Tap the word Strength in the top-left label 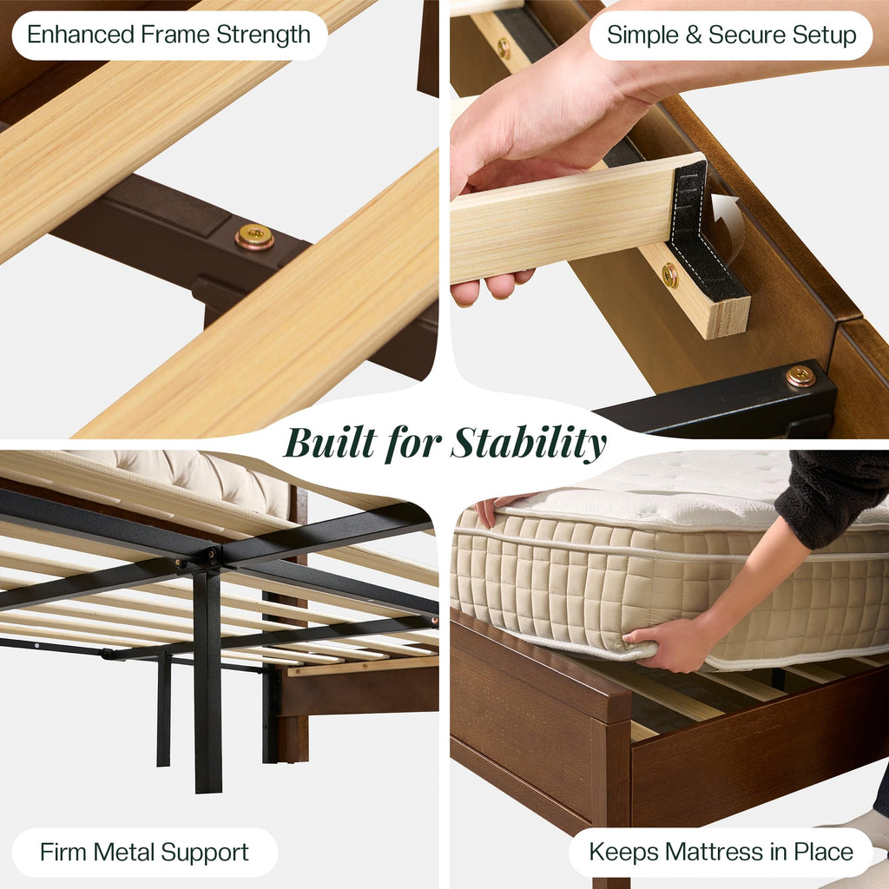263,36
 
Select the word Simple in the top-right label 643,36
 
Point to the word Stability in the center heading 529,443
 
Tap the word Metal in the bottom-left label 123,853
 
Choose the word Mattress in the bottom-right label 714,852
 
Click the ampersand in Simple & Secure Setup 694,35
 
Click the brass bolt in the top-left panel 254,236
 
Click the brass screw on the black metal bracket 800,376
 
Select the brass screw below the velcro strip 669,275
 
